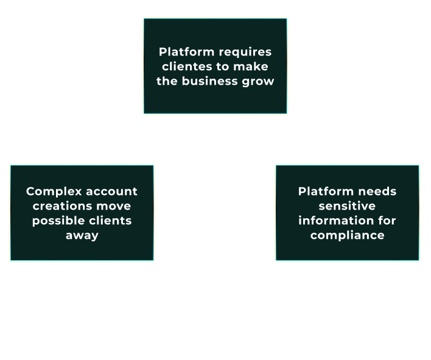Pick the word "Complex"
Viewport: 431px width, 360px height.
[52, 192]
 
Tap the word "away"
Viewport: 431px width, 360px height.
[82, 236]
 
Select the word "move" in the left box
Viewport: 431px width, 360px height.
[114, 206]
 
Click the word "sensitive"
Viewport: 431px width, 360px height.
[347, 206]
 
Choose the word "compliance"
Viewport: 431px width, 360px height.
[347, 235]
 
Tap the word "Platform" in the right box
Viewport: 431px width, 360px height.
[326, 191]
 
